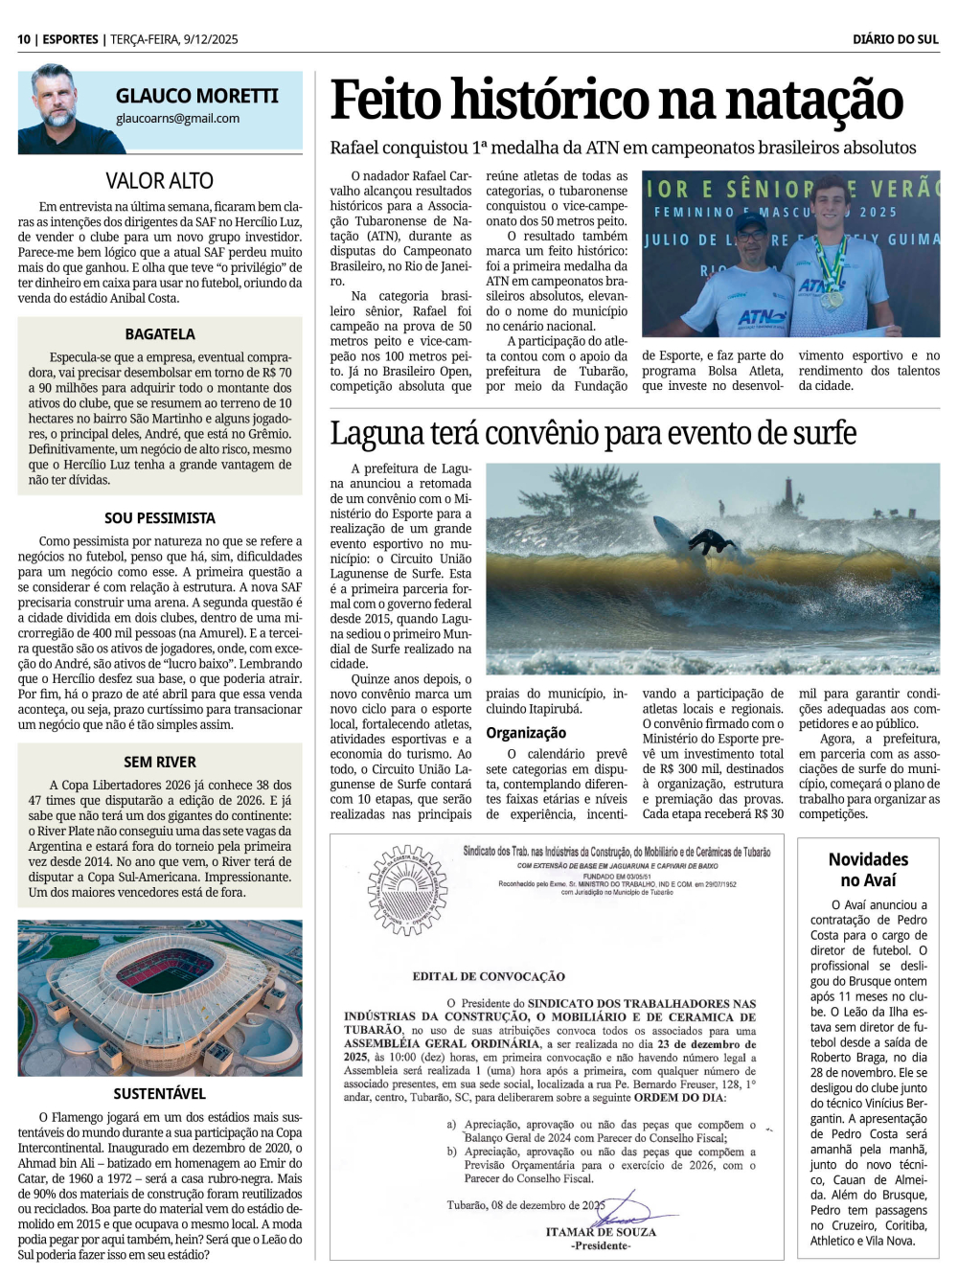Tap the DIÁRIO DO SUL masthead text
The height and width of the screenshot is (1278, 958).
pos(895,39)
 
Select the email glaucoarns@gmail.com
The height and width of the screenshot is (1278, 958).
pos(177,119)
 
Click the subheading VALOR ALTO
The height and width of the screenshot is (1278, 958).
pos(159,181)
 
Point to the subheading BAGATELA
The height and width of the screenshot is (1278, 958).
pos(159,334)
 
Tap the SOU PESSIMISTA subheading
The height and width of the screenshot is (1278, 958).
pos(159,518)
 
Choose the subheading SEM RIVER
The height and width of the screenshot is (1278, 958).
pos(159,763)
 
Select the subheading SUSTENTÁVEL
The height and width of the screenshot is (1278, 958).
pos(159,1094)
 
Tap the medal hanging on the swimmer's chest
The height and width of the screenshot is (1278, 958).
pos(832,296)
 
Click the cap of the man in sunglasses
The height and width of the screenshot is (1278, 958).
pos(752,223)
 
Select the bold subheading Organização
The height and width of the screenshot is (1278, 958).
pos(526,733)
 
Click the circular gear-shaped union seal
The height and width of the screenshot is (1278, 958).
pos(408,890)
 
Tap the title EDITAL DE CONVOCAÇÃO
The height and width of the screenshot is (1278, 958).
pos(489,976)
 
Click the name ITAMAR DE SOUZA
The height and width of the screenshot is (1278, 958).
pos(601,1232)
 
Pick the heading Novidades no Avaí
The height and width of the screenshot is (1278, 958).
pos(868,870)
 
